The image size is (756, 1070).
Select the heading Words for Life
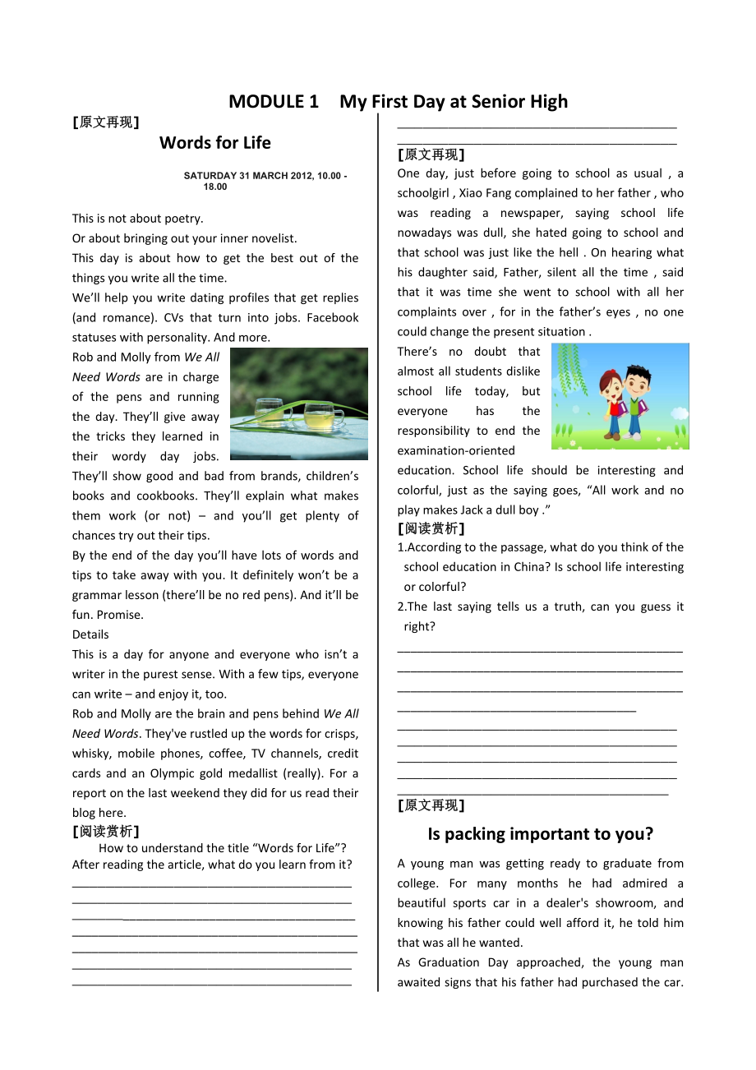215,143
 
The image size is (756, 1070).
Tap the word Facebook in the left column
333,318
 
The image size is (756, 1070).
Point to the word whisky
90,754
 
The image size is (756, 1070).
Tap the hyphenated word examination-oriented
456,450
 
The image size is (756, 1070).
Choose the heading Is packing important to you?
540,834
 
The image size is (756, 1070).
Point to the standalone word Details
90,634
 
